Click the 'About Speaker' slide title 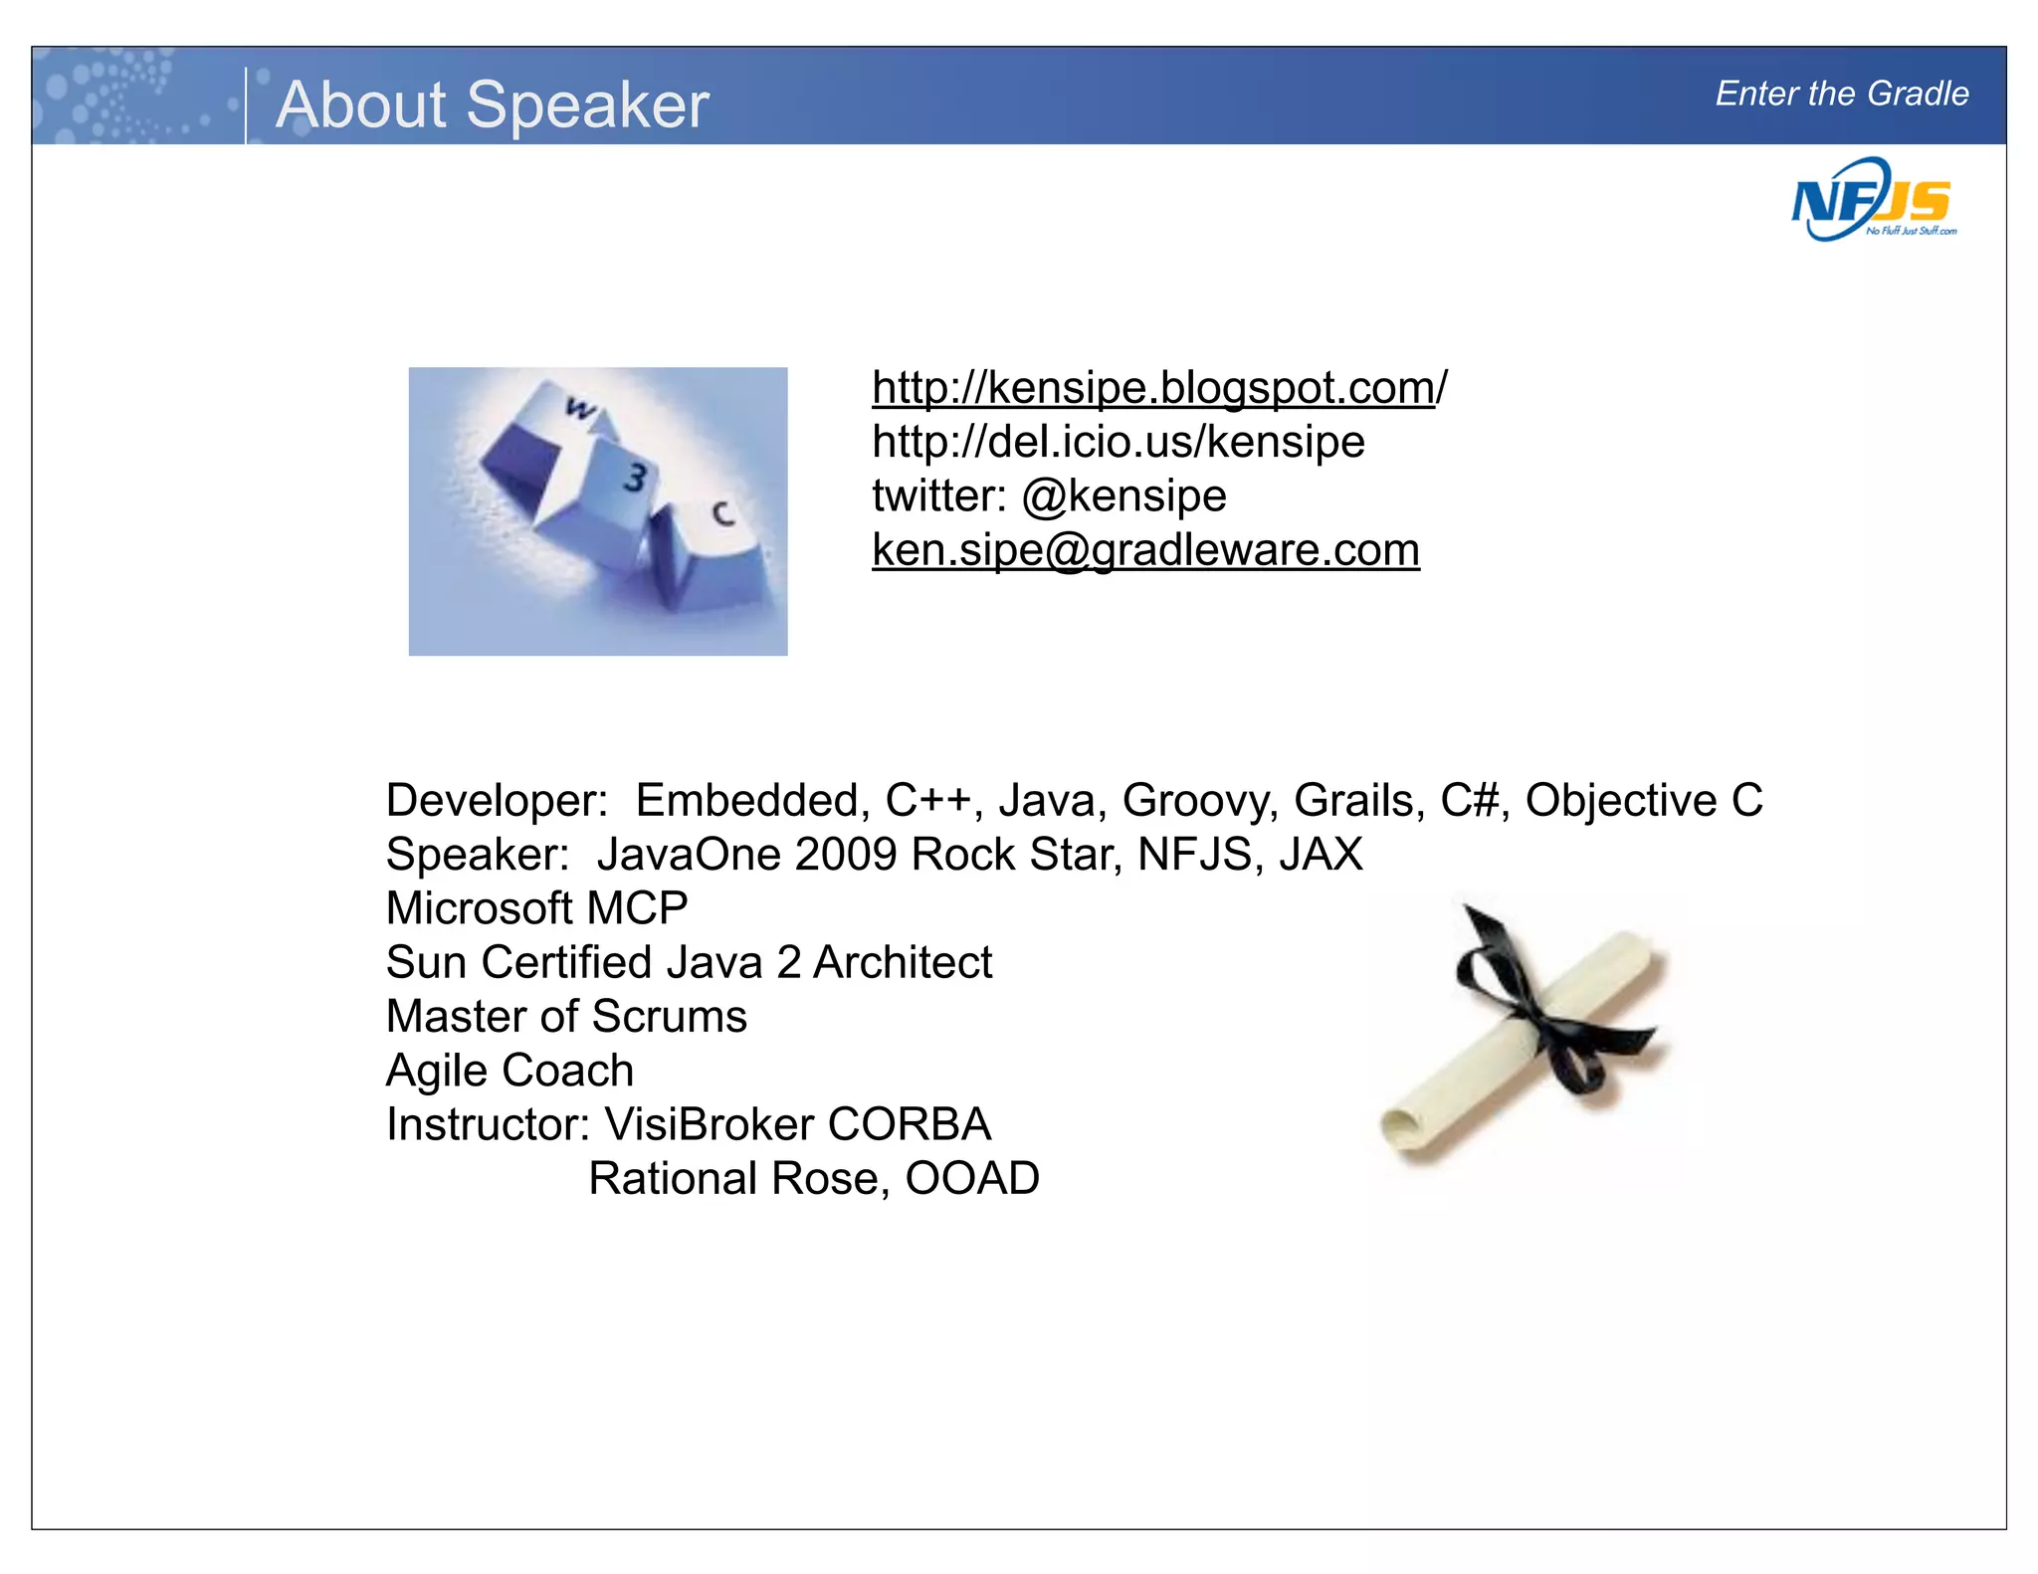(493, 104)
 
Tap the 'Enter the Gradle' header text (1841, 94)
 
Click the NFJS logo (1872, 201)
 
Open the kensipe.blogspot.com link (1159, 387)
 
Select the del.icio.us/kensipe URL (1118, 441)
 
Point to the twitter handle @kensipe (1123, 495)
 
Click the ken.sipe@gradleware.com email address (1145, 549)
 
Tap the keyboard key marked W (578, 409)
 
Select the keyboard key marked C (722, 514)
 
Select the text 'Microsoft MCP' (536, 907)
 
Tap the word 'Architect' (903, 962)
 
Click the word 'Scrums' (669, 1016)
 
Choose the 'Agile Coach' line (509, 1071)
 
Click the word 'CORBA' (909, 1124)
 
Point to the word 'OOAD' (972, 1178)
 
